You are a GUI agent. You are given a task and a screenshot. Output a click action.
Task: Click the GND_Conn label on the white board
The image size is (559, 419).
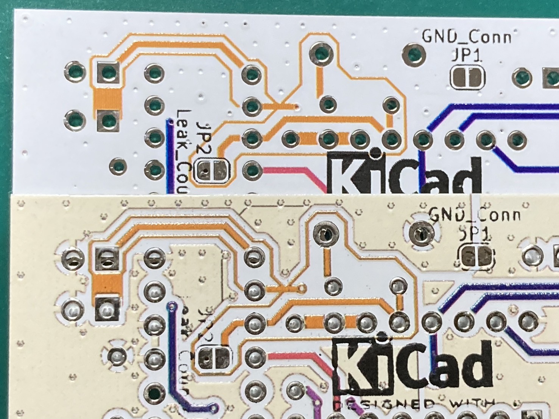coord(466,37)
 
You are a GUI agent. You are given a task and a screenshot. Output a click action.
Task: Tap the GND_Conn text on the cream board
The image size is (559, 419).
coord(475,215)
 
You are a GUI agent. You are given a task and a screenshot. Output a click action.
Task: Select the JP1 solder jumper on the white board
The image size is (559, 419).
coord(467,78)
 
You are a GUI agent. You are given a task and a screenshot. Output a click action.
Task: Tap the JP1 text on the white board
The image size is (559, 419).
coord(466,56)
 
